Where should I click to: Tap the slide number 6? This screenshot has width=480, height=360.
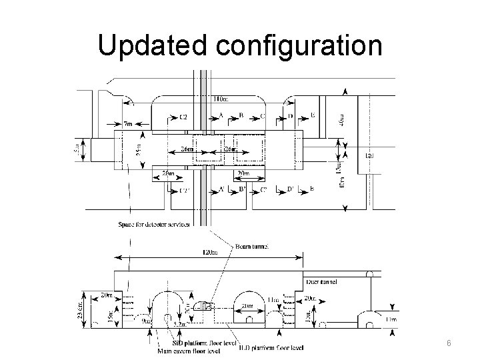click(x=449, y=342)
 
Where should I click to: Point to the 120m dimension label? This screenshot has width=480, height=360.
click(x=209, y=253)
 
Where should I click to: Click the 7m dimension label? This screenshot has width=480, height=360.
click(x=128, y=124)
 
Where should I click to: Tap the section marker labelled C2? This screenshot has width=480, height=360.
click(x=183, y=116)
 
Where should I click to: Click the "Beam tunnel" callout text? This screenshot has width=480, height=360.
click(x=251, y=246)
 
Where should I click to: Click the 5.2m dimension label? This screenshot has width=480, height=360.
click(x=179, y=325)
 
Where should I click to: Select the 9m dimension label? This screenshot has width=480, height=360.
click(x=147, y=321)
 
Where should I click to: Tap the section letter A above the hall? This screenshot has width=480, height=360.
click(x=221, y=115)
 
